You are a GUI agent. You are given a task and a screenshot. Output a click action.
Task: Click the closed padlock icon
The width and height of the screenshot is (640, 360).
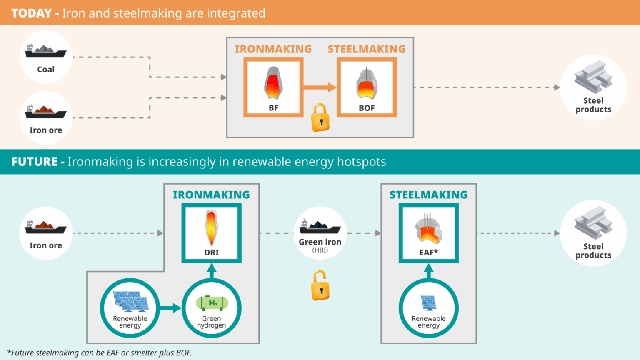320,118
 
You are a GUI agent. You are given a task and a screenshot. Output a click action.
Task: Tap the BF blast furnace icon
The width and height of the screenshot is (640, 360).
273,83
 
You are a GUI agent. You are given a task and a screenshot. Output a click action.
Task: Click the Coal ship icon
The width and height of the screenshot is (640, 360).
45,51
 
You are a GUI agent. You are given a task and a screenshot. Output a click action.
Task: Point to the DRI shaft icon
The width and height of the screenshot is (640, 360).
211,227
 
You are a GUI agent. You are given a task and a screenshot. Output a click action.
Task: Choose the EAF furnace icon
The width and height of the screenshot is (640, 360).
428,229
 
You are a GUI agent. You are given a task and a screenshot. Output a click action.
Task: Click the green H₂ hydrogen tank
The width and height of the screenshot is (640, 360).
212,303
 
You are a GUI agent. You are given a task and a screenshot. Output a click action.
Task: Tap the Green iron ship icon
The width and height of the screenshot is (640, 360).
320,227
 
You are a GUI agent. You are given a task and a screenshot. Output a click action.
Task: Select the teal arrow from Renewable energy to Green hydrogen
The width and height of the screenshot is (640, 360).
170,308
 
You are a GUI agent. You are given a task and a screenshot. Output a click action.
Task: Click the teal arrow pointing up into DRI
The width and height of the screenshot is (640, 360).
212,271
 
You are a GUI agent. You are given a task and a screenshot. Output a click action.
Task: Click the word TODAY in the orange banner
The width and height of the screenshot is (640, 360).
32,13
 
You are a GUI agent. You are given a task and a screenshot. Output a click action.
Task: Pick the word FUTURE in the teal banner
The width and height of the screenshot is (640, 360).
35,162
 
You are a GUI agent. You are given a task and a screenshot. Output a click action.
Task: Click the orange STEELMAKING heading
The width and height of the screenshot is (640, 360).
366,49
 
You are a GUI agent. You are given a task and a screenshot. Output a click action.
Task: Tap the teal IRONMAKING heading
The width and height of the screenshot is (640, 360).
211,195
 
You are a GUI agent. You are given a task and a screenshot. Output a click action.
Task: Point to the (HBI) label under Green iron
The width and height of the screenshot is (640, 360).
320,250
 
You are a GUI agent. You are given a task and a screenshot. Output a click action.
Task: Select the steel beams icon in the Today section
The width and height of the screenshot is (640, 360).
593,77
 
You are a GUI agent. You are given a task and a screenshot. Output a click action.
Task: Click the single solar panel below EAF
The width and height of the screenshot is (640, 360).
428,303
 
